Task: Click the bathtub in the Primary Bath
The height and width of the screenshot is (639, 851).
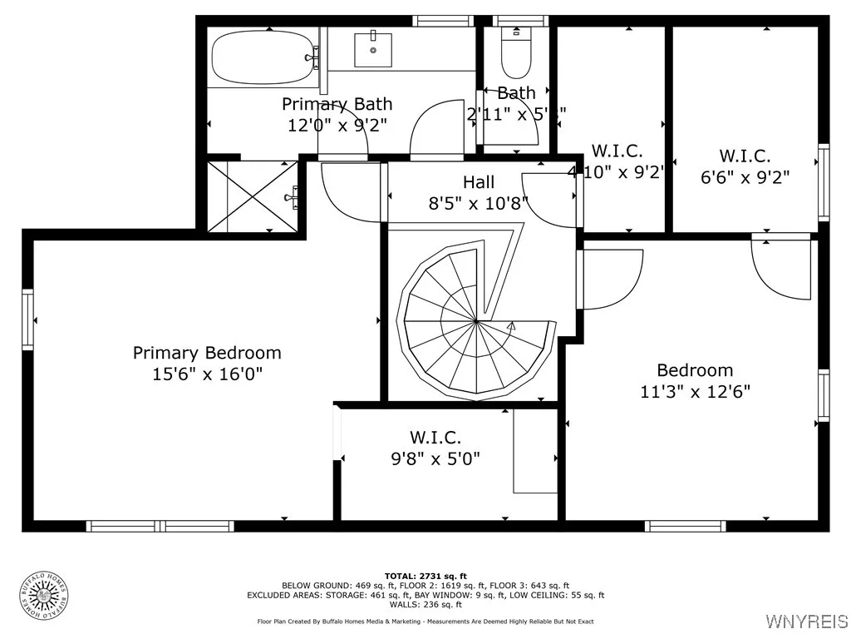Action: click(262, 57)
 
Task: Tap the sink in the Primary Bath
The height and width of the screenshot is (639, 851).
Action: click(372, 49)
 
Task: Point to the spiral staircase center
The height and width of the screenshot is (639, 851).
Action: click(475, 321)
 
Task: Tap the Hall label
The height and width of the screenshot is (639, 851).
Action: click(479, 182)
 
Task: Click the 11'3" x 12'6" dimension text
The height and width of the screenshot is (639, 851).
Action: click(695, 392)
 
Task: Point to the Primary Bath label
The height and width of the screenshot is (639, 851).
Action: click(337, 104)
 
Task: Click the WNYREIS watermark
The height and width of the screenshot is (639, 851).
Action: click(805, 622)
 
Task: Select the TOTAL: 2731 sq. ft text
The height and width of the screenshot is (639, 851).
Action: click(425, 576)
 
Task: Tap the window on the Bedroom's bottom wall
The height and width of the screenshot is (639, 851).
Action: click(686, 526)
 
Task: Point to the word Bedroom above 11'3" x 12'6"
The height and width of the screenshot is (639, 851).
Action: click(695, 370)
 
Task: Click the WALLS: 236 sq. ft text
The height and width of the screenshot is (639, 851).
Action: click(425, 605)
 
